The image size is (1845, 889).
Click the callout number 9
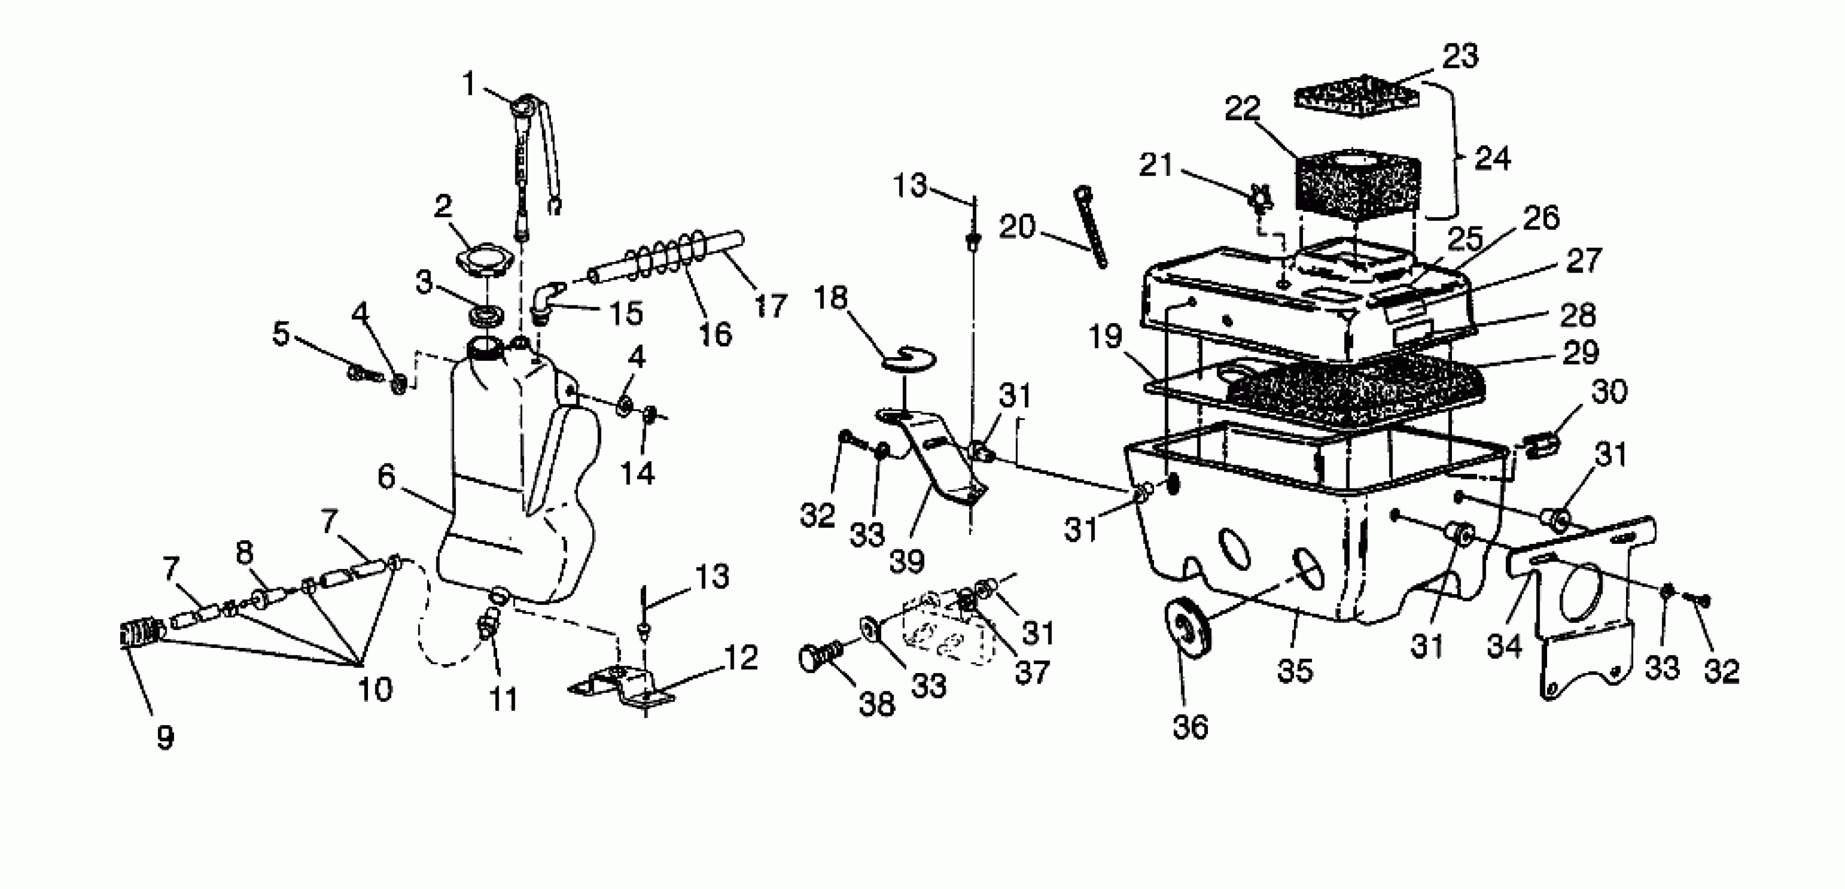[166, 737]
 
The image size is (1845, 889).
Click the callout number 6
[386, 476]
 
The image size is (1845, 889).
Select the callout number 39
[907, 561]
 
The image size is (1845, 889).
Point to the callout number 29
[1580, 352]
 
